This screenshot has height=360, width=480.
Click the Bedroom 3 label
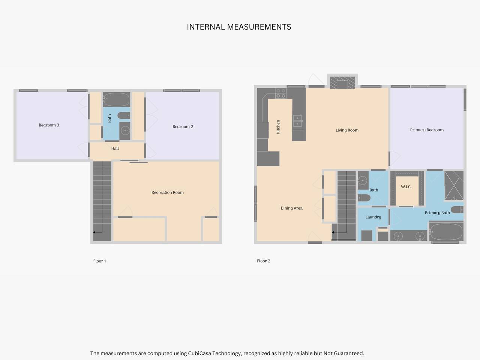pyautogui.click(x=49, y=125)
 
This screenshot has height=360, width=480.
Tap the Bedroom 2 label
pyautogui.click(x=183, y=127)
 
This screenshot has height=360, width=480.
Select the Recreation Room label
pyautogui.click(x=168, y=193)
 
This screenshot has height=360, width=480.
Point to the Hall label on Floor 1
pyautogui.click(x=115, y=148)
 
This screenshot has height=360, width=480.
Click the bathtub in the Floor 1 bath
pyautogui.click(x=117, y=99)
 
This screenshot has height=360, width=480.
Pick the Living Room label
pyautogui.click(x=347, y=130)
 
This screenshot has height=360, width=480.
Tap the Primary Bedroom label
pyautogui.click(x=427, y=130)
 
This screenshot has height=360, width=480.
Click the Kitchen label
pyautogui.click(x=278, y=127)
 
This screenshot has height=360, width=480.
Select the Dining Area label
pyautogui.click(x=291, y=208)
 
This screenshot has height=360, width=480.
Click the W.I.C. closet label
pyautogui.click(x=406, y=187)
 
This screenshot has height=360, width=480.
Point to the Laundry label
pyautogui.click(x=373, y=217)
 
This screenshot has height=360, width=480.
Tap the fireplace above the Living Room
pyautogui.click(x=342, y=82)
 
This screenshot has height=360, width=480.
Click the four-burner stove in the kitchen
pyautogui.click(x=281, y=93)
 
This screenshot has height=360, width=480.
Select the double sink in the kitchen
pyautogui.click(x=298, y=121)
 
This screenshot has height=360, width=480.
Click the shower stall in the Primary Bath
pyautogui.click(x=454, y=186)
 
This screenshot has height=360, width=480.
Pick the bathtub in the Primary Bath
pyautogui.click(x=446, y=231)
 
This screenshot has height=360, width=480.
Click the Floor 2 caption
pyautogui.click(x=264, y=261)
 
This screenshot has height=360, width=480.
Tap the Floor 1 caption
pyautogui.click(x=99, y=261)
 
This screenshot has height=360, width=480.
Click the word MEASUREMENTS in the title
pyautogui.click(x=259, y=27)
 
